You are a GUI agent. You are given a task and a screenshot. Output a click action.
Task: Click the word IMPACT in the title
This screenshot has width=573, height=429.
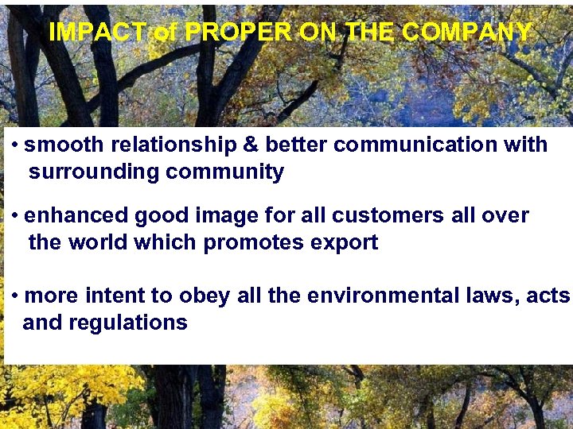pyautogui.click(x=96, y=32)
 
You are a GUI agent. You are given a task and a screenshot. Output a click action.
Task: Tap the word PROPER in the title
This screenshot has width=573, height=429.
pyautogui.click(x=239, y=32)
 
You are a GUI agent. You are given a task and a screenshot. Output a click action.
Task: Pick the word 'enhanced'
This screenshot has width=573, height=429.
pyautogui.click(x=77, y=215)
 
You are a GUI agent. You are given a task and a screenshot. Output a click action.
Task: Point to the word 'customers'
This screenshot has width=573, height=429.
pyautogui.click(x=382, y=215)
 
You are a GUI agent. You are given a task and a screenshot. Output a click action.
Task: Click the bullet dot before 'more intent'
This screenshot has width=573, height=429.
pyautogui.click(x=16, y=296)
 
